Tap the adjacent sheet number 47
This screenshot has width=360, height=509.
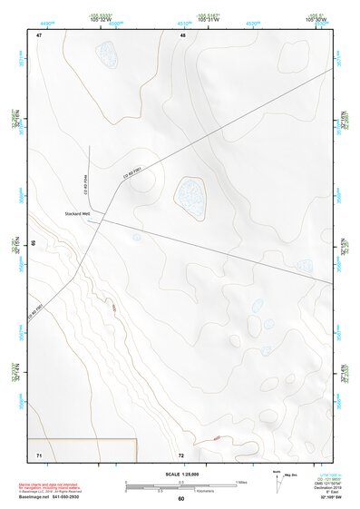coord(39,34)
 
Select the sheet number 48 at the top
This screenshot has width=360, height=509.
coord(182,34)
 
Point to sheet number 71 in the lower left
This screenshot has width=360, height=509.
coord(39,453)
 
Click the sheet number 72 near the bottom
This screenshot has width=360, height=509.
coord(181,454)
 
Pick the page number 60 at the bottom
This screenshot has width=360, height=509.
coord(180,499)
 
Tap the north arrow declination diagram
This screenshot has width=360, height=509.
coord(277,477)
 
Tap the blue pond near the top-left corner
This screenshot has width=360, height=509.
coord(108,59)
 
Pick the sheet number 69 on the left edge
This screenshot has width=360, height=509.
coord(33,244)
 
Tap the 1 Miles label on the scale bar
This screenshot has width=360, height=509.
coord(242,481)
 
